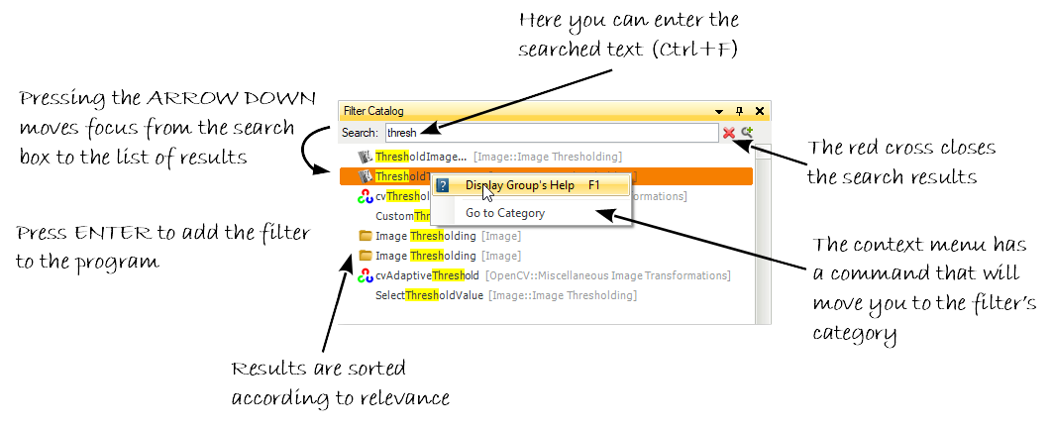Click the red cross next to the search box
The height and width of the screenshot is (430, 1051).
pos(729,132)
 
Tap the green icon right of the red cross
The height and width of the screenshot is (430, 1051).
pos(747,132)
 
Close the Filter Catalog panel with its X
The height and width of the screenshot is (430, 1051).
pos(760,111)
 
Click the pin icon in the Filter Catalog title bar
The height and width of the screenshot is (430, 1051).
pos(739,111)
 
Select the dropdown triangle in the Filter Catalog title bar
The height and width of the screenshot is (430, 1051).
pos(720,111)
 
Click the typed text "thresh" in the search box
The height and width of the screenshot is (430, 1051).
pos(402,133)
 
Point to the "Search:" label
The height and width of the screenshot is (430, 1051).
pos(360,133)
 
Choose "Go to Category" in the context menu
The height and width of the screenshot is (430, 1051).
pos(505,213)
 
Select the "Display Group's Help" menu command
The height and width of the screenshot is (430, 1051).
pos(520,185)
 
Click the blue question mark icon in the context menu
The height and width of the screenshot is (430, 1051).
pos(443,185)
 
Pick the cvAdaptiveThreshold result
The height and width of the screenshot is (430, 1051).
pos(427,275)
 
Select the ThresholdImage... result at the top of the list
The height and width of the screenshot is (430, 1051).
pos(420,157)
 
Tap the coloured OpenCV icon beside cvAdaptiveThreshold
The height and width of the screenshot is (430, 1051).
pos(365,275)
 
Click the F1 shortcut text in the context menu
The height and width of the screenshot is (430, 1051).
pos(594,185)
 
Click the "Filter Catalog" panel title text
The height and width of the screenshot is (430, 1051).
pos(373,111)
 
